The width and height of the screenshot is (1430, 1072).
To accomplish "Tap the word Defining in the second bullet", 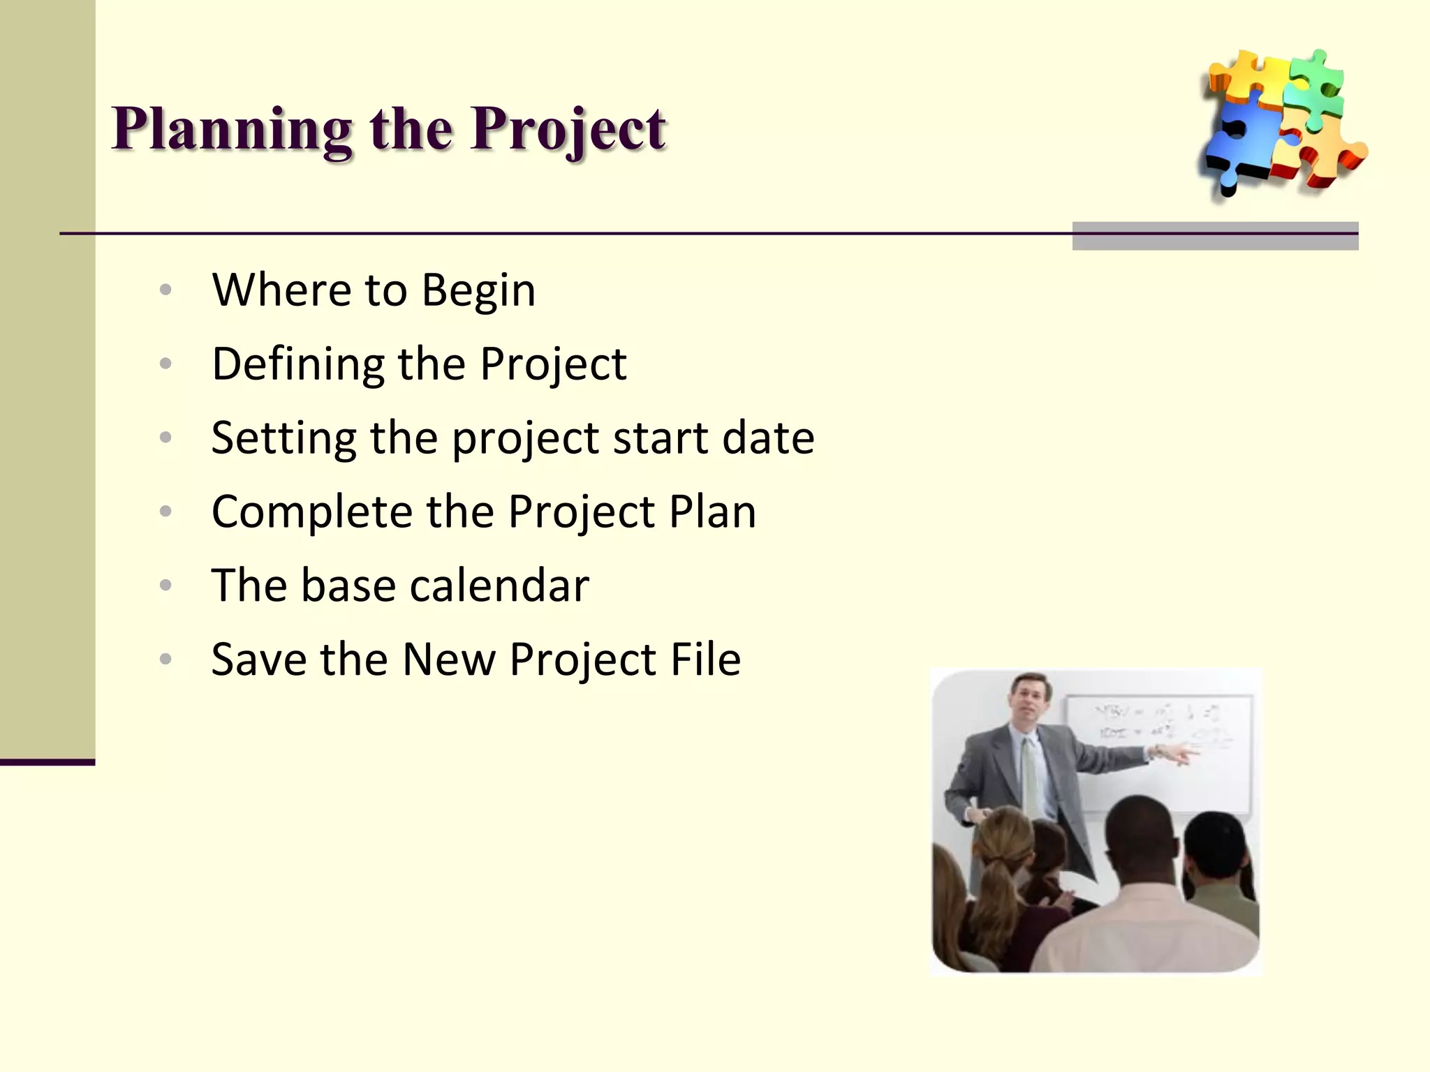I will pyautogui.click(x=298, y=364).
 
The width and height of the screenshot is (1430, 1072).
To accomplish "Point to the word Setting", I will pyautogui.click(x=283, y=438).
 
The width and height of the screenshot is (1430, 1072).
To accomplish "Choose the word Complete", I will pyautogui.click(x=312, y=512).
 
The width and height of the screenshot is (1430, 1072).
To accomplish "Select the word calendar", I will pyautogui.click(x=499, y=586).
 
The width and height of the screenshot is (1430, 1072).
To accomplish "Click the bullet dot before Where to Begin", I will pyautogui.click(x=165, y=290).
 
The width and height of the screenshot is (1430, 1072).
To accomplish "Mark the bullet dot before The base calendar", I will pyautogui.click(x=165, y=585).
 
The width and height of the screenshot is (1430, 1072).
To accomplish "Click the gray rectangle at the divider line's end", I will pyautogui.click(x=1215, y=236).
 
